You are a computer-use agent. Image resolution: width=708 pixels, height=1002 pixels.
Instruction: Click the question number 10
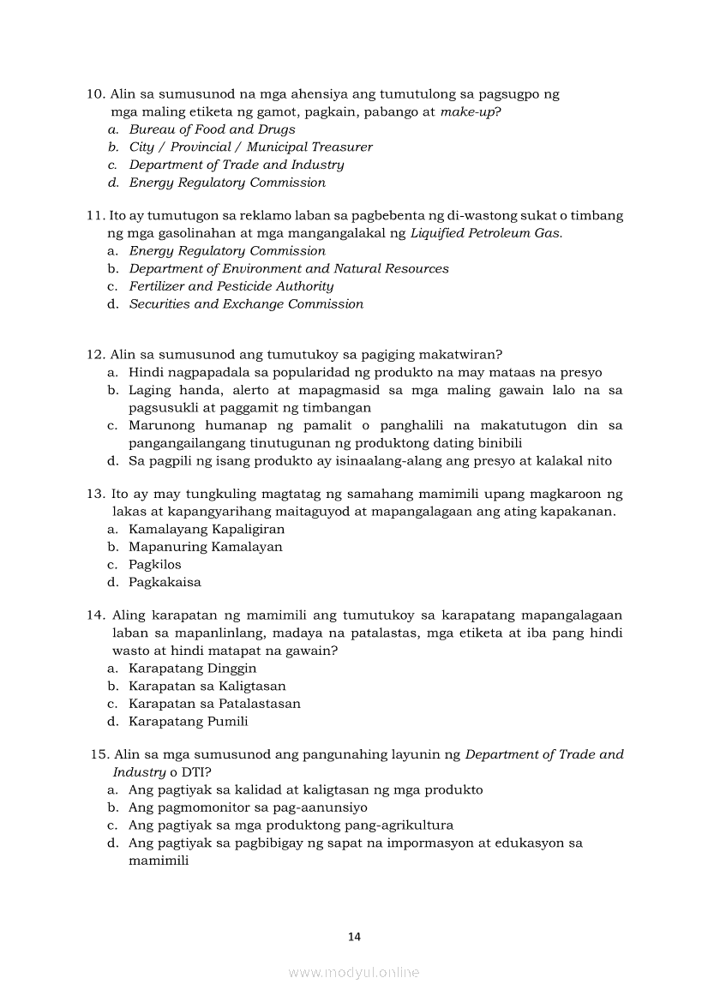pyautogui.click(x=95, y=94)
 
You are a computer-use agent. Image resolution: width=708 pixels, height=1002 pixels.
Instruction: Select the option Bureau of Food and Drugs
pyautogui.click(x=212, y=129)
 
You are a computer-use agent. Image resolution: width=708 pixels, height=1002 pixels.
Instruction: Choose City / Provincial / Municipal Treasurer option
pyautogui.click(x=250, y=147)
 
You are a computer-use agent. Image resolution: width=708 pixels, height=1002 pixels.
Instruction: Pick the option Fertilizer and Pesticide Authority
pyautogui.click(x=231, y=286)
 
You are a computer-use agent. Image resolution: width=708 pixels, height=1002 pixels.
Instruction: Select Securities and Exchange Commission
pyautogui.click(x=246, y=304)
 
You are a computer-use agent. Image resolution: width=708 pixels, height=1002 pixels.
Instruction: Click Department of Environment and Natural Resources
pyautogui.click(x=288, y=269)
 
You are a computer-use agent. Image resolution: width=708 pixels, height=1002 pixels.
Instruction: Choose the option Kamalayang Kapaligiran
pyautogui.click(x=206, y=530)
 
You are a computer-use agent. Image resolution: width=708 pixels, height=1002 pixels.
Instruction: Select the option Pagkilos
pyautogui.click(x=154, y=565)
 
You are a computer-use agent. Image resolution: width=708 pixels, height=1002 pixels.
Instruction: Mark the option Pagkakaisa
pyautogui.click(x=165, y=583)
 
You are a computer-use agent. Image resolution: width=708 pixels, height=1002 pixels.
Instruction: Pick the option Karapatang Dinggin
pyautogui.click(x=192, y=669)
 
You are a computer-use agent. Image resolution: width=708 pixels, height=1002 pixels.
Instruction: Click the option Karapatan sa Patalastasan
pyautogui.click(x=214, y=704)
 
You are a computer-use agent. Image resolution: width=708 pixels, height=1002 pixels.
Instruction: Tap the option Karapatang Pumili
pyautogui.click(x=188, y=722)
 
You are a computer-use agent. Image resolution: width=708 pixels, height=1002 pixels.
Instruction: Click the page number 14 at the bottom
pyautogui.click(x=355, y=937)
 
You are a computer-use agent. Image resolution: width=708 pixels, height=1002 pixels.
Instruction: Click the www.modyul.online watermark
pyautogui.click(x=354, y=973)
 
